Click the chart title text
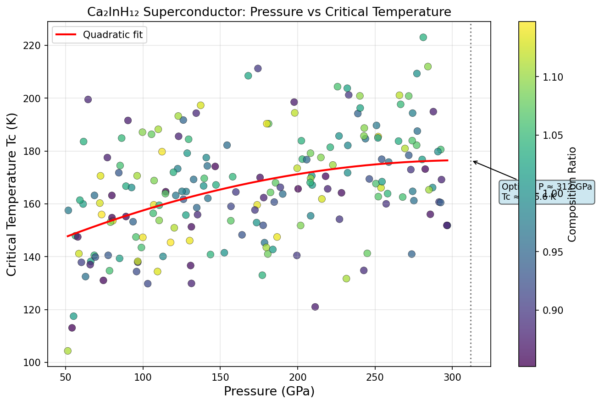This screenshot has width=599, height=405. click(x=269, y=12)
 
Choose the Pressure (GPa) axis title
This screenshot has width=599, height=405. click(x=269, y=392)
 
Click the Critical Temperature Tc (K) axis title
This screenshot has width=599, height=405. click(x=12, y=194)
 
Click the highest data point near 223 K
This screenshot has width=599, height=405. click(x=423, y=38)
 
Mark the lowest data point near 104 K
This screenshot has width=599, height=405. click(x=68, y=351)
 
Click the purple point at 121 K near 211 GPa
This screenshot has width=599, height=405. click(x=315, y=307)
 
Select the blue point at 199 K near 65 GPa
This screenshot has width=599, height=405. click(x=88, y=99)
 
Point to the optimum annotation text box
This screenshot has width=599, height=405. click(x=547, y=192)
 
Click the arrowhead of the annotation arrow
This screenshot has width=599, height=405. click(x=473, y=161)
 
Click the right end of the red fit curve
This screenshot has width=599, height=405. click(x=447, y=160)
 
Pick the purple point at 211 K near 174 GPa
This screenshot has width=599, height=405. click(x=258, y=69)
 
